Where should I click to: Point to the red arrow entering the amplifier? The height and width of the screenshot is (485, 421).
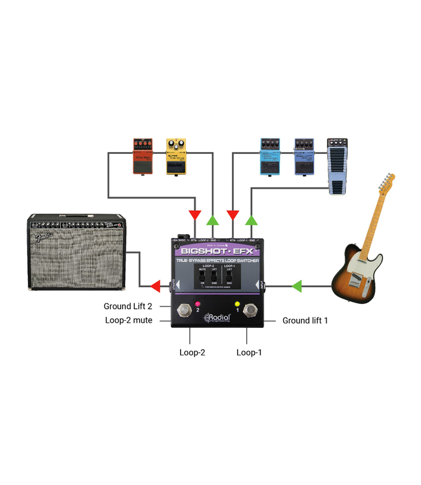(x=154, y=285)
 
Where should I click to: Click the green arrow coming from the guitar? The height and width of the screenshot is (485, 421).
(x=297, y=285)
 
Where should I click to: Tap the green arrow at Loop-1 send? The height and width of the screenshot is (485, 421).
(x=251, y=220)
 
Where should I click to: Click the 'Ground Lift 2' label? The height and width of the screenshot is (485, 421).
(x=129, y=307)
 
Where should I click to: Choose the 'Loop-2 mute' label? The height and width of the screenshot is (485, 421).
(x=129, y=320)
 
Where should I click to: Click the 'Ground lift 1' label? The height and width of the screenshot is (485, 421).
(x=310, y=320)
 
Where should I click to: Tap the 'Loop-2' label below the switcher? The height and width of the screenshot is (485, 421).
(x=192, y=352)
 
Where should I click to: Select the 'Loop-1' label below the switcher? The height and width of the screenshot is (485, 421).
(x=249, y=352)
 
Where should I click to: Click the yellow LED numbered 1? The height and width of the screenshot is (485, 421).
(x=237, y=304)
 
